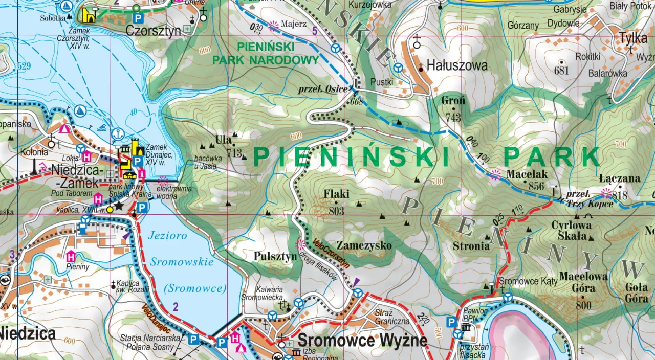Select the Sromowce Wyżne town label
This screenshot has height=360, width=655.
362,340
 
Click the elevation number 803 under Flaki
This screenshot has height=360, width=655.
337,211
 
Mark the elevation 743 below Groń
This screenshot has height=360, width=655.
453,118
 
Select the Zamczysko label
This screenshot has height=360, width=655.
364,246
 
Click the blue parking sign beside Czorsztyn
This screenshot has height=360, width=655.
138,18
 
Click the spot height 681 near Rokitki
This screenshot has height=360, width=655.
561,71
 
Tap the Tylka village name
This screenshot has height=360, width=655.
632,38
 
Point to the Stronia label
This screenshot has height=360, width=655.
471,246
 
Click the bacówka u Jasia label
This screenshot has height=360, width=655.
208,162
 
